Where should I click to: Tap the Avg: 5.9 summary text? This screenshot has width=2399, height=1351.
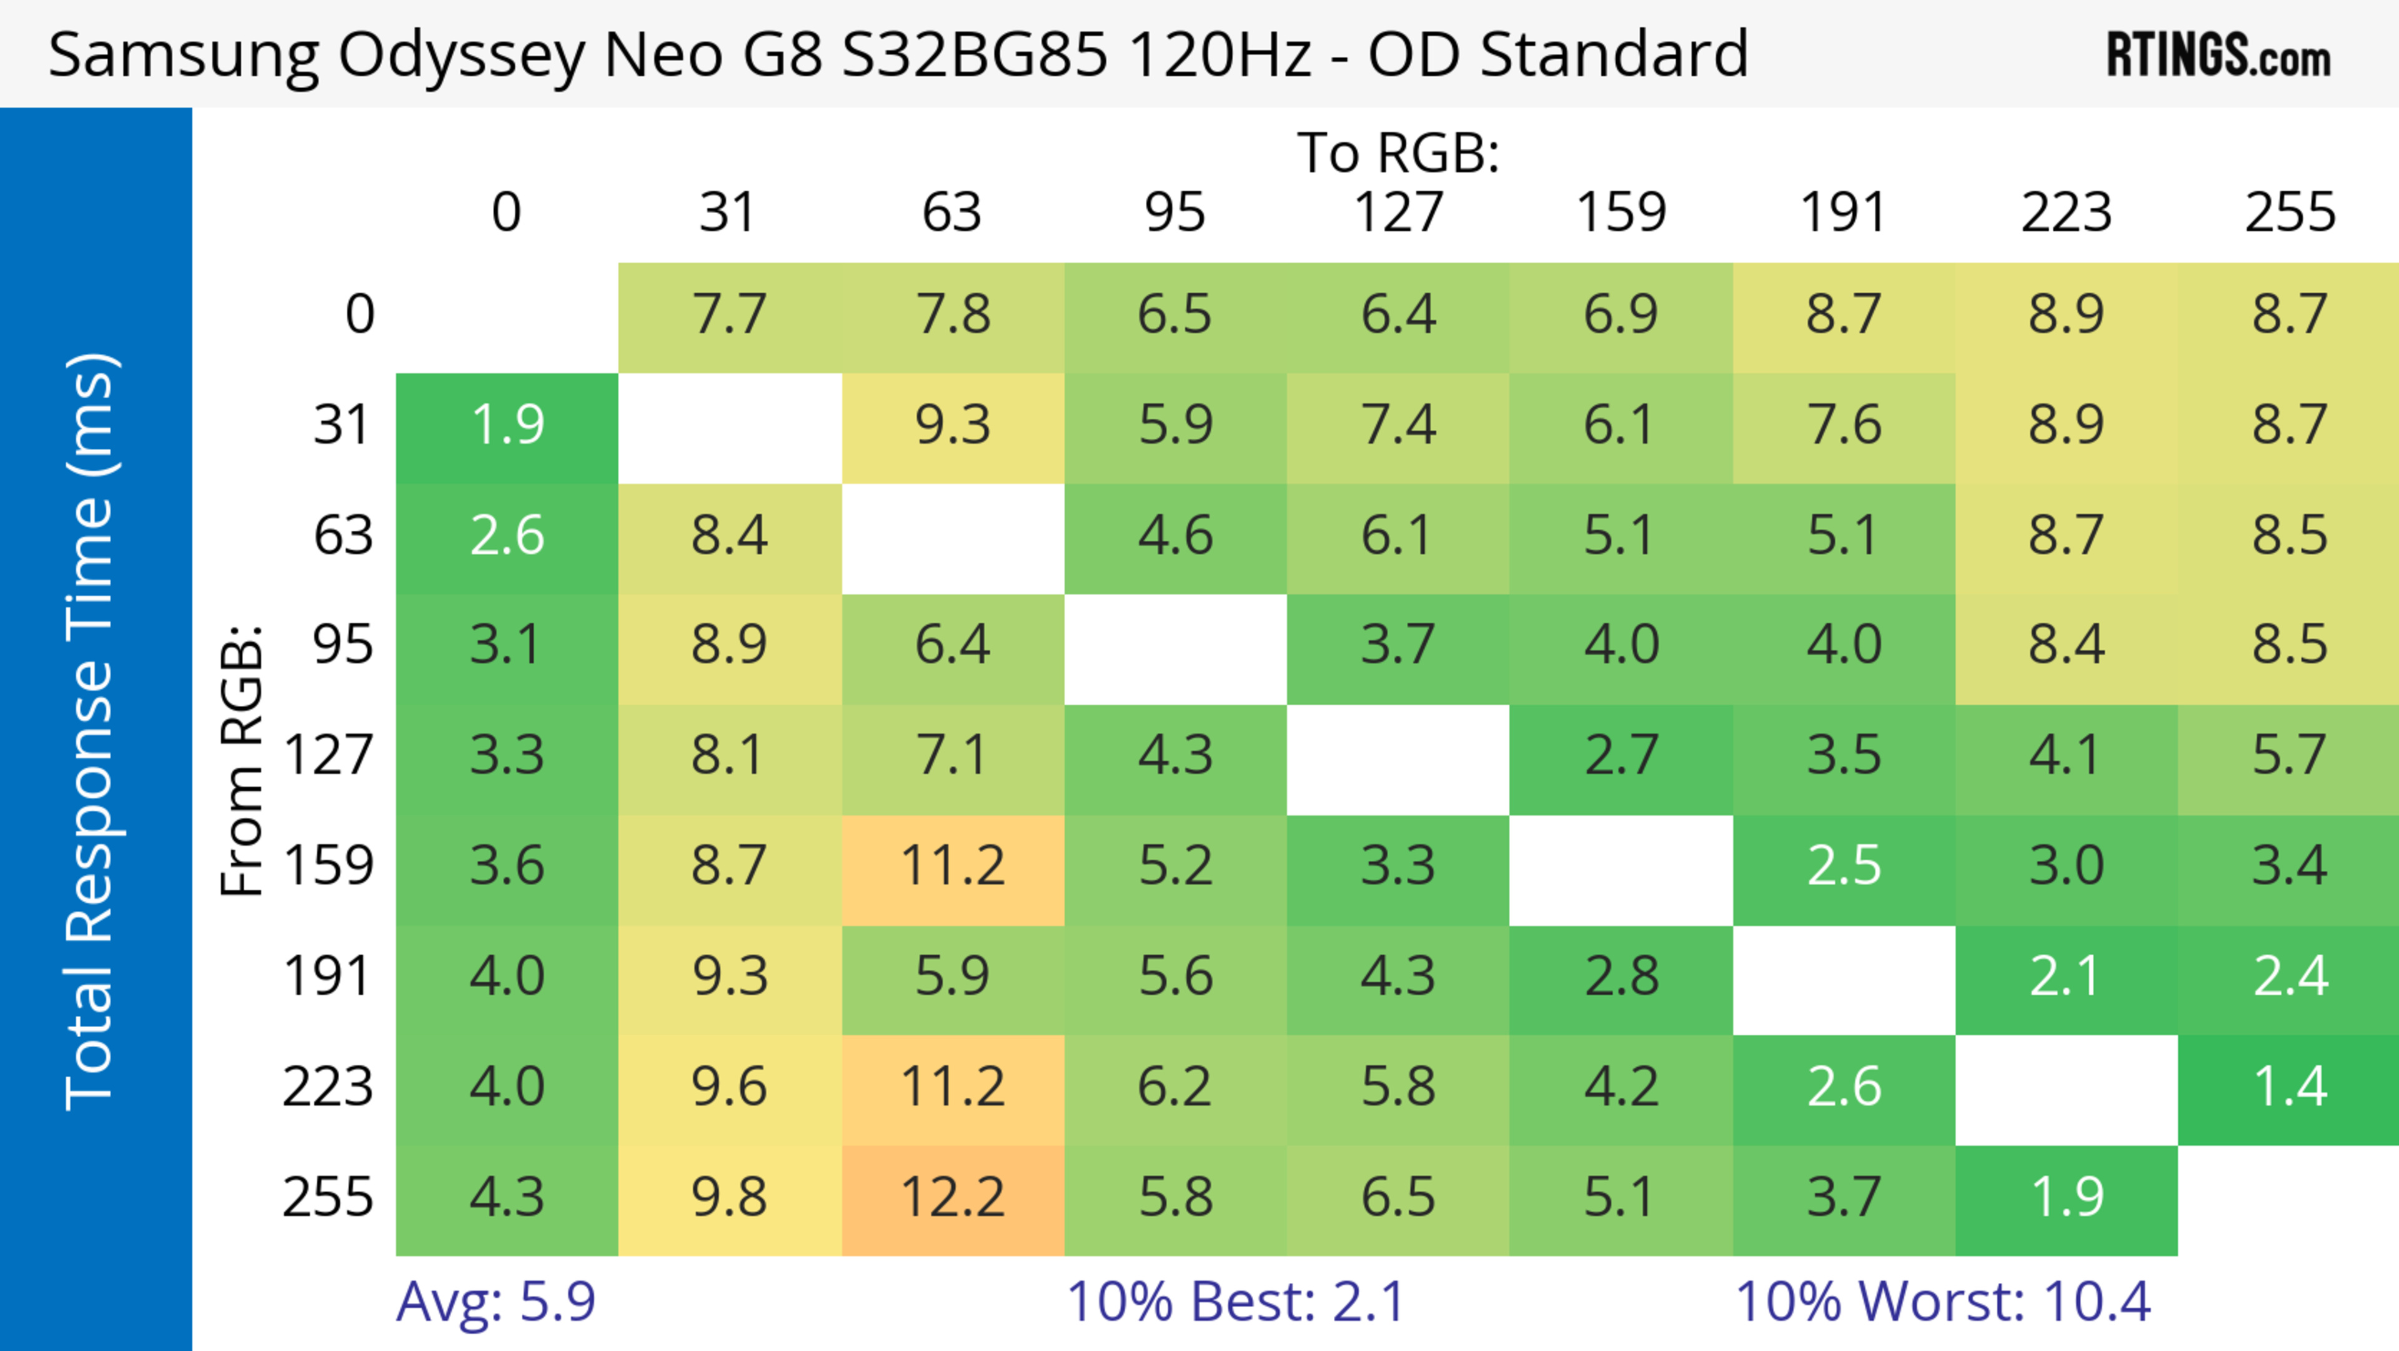(495, 1302)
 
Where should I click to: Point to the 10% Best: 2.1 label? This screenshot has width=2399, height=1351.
(1235, 1302)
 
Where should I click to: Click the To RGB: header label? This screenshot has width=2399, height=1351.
(1398, 152)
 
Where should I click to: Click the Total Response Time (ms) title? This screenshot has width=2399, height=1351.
(91, 732)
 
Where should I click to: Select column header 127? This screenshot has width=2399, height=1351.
(1398, 213)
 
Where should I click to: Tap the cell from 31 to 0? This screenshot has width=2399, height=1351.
(507, 426)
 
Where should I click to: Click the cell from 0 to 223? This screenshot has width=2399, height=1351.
(2067, 314)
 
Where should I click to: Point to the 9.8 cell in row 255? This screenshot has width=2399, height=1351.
(729, 1197)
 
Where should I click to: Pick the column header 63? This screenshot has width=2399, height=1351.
(951, 213)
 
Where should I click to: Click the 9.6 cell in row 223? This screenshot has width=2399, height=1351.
(729, 1087)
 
